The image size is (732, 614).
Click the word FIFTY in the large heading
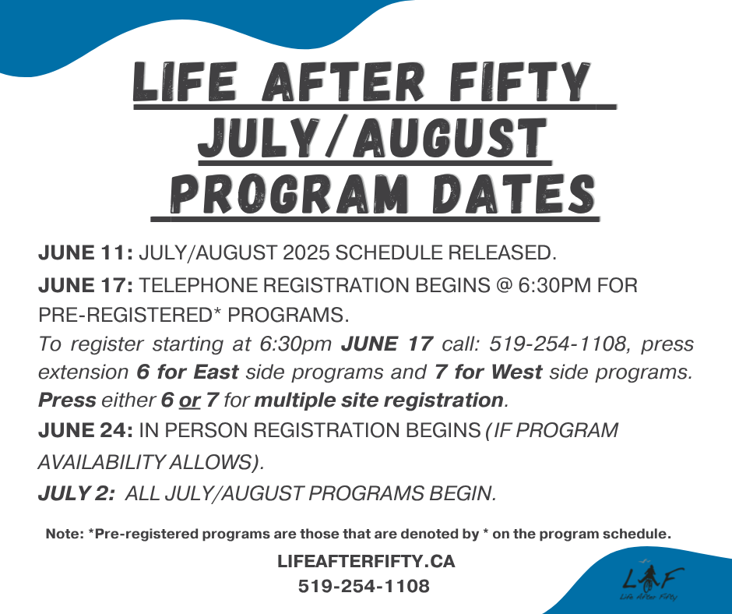tap(519, 82)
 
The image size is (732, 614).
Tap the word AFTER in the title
tap(343, 82)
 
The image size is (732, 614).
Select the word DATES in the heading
tap(513, 194)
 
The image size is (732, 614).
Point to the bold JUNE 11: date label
tap(86, 252)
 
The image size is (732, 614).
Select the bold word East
tap(216, 372)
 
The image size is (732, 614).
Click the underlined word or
tap(189, 401)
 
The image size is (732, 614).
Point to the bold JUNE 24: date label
tap(86, 430)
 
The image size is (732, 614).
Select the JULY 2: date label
tap(76, 493)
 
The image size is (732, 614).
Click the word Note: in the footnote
tap(65, 534)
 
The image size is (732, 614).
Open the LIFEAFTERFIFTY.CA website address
tap(366, 561)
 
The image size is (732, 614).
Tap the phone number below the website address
tap(364, 586)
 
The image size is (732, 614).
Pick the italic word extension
tap(83, 372)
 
